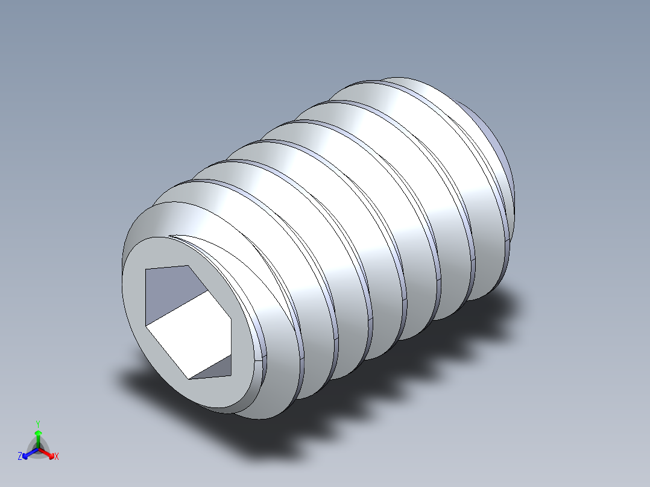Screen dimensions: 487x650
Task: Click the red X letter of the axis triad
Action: pos(56,457)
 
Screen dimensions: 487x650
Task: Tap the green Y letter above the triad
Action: pos(37,424)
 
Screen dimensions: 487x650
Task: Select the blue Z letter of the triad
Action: pos(20,457)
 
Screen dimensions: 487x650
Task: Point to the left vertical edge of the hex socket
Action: pos(146,298)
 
